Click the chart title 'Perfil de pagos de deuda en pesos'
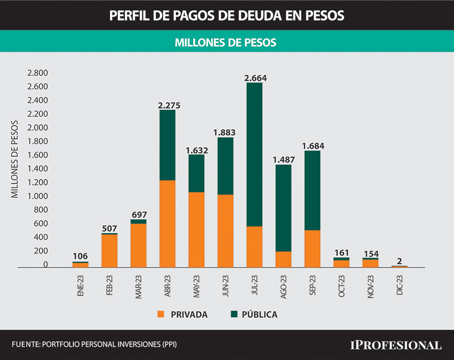coord(226,15)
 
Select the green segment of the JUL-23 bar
coord(254,155)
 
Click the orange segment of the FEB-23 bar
coord(109,251)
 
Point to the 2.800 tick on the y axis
coord(38,73)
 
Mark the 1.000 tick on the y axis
coord(38,197)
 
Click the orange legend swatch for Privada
coord(161,314)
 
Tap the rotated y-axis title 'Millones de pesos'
coord(15,159)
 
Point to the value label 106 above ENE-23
coord(80,256)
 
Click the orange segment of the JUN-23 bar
coord(225,231)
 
